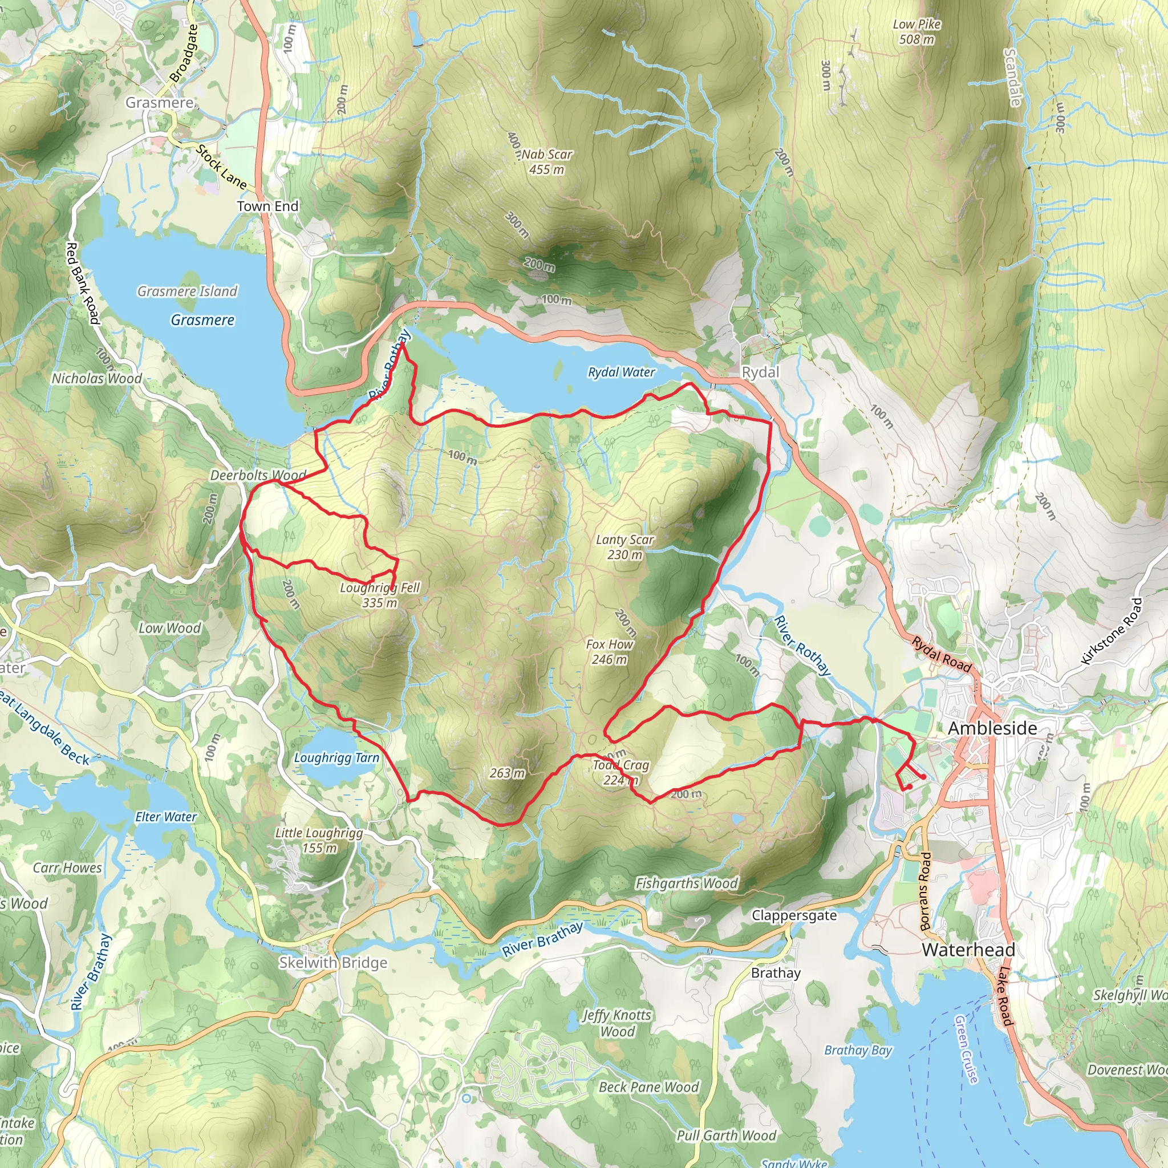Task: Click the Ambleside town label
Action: [992, 728]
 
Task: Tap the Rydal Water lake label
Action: [621, 372]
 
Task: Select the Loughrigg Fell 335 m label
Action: [380, 595]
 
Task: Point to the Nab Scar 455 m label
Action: [546, 162]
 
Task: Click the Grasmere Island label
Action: [188, 291]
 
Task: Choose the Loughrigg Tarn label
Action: [336, 758]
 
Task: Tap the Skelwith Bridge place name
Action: [332, 963]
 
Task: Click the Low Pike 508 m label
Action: [916, 31]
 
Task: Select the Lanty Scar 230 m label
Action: [624, 547]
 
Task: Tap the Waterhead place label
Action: [968, 950]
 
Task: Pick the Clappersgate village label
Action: [794, 915]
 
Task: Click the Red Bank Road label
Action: [82, 283]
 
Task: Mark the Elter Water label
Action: [165, 817]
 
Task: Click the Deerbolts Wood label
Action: [258, 475]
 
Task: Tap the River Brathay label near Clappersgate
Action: [542, 939]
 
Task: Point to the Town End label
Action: [268, 206]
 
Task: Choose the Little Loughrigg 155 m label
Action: [319, 840]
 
